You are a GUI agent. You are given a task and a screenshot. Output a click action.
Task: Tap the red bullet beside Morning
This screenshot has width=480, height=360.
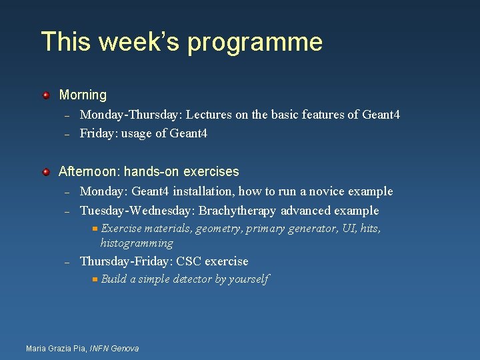[46, 95]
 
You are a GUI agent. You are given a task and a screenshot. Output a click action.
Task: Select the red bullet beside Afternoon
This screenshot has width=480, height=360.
[46, 172]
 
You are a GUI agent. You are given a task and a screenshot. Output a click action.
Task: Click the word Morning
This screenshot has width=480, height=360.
[83, 95]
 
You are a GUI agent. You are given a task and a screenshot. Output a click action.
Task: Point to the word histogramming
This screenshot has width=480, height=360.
[137, 243]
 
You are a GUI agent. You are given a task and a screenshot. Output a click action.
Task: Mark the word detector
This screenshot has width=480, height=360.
[191, 279]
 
